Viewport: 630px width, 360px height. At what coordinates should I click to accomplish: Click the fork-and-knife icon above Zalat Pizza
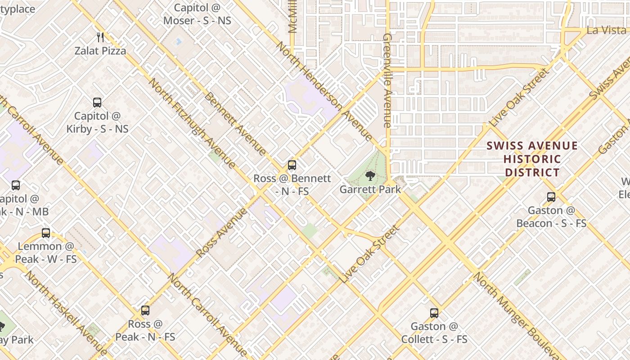[100, 37]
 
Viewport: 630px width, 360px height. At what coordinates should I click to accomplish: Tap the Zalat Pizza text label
[100, 51]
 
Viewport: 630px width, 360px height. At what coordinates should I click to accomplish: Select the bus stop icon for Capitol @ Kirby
[97, 103]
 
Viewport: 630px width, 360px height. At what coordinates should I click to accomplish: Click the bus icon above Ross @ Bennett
[292, 165]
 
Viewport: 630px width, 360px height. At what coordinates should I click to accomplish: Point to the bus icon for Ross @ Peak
[145, 310]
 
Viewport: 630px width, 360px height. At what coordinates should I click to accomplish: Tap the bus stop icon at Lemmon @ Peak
[46, 233]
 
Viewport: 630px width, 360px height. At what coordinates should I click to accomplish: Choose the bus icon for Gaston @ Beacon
[551, 197]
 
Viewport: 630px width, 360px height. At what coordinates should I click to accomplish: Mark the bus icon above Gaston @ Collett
[434, 313]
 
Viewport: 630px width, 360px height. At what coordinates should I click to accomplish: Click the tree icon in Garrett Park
[370, 175]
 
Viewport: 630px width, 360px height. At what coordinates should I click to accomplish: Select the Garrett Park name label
[370, 189]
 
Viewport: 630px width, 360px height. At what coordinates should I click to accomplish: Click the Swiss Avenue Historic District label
[532, 159]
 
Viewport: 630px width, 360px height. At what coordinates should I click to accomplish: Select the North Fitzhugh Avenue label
[192, 123]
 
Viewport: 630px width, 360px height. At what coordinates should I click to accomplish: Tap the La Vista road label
[606, 31]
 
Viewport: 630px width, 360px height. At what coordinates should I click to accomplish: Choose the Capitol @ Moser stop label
[197, 14]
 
